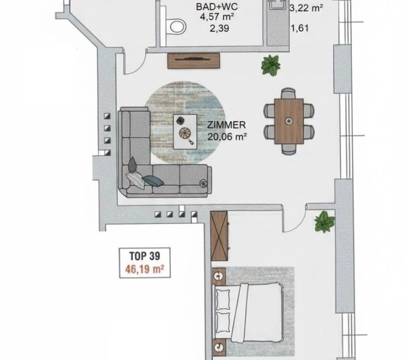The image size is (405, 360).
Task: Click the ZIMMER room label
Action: point(227,125)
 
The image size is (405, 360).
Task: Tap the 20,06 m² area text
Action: point(227,136)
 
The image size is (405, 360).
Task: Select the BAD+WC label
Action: point(217,7)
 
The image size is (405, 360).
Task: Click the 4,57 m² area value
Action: point(217,17)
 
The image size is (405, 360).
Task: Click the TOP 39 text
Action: point(144,256)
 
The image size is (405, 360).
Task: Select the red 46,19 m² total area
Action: point(144,269)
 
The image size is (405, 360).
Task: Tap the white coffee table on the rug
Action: point(185,132)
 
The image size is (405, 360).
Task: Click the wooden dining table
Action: point(289,121)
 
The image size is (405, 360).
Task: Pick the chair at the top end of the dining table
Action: point(288,93)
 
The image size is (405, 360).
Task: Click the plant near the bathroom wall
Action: point(270,65)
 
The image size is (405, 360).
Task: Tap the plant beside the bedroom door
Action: point(324,222)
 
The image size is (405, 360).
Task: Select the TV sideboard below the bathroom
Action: point(194,61)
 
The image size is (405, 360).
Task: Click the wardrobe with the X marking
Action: point(219,236)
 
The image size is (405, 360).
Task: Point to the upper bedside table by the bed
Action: point(219,276)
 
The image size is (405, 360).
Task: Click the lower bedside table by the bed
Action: point(219,347)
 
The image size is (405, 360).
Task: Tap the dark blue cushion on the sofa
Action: point(153,181)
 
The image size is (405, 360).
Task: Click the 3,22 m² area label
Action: point(306,8)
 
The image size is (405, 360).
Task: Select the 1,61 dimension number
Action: point(300,28)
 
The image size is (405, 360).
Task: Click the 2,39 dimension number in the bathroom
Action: point(219,28)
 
